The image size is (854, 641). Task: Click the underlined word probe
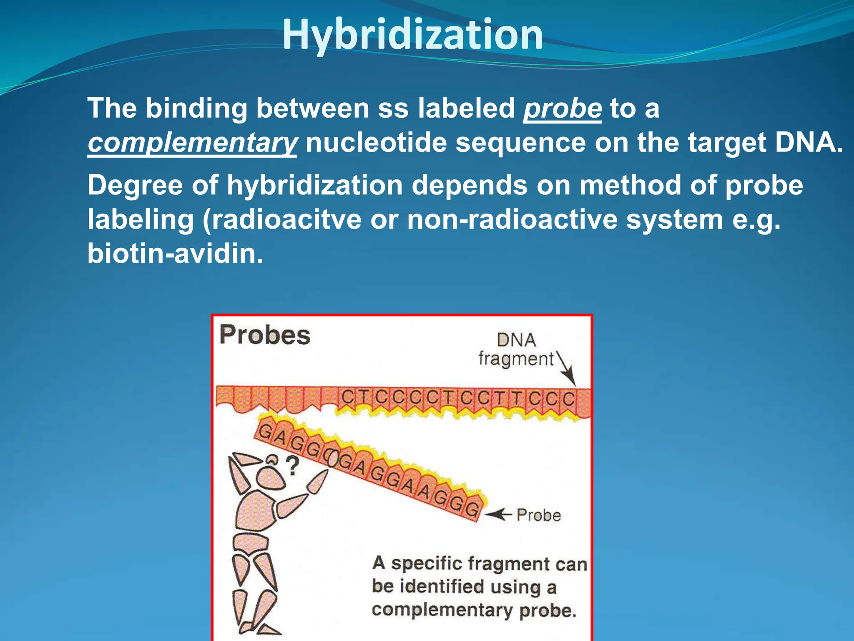(x=562, y=109)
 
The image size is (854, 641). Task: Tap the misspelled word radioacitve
(x=287, y=220)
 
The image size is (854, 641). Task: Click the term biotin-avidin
(x=175, y=254)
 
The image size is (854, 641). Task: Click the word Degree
(x=135, y=185)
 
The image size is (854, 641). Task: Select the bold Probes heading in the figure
(x=265, y=335)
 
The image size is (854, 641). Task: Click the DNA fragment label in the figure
(x=516, y=350)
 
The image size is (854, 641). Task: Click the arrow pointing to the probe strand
(x=498, y=515)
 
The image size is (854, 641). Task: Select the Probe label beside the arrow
(x=539, y=515)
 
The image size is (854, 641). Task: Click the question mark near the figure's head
(x=293, y=466)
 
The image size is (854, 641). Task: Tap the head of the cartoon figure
(x=271, y=478)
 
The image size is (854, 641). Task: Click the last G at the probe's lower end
(x=472, y=510)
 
